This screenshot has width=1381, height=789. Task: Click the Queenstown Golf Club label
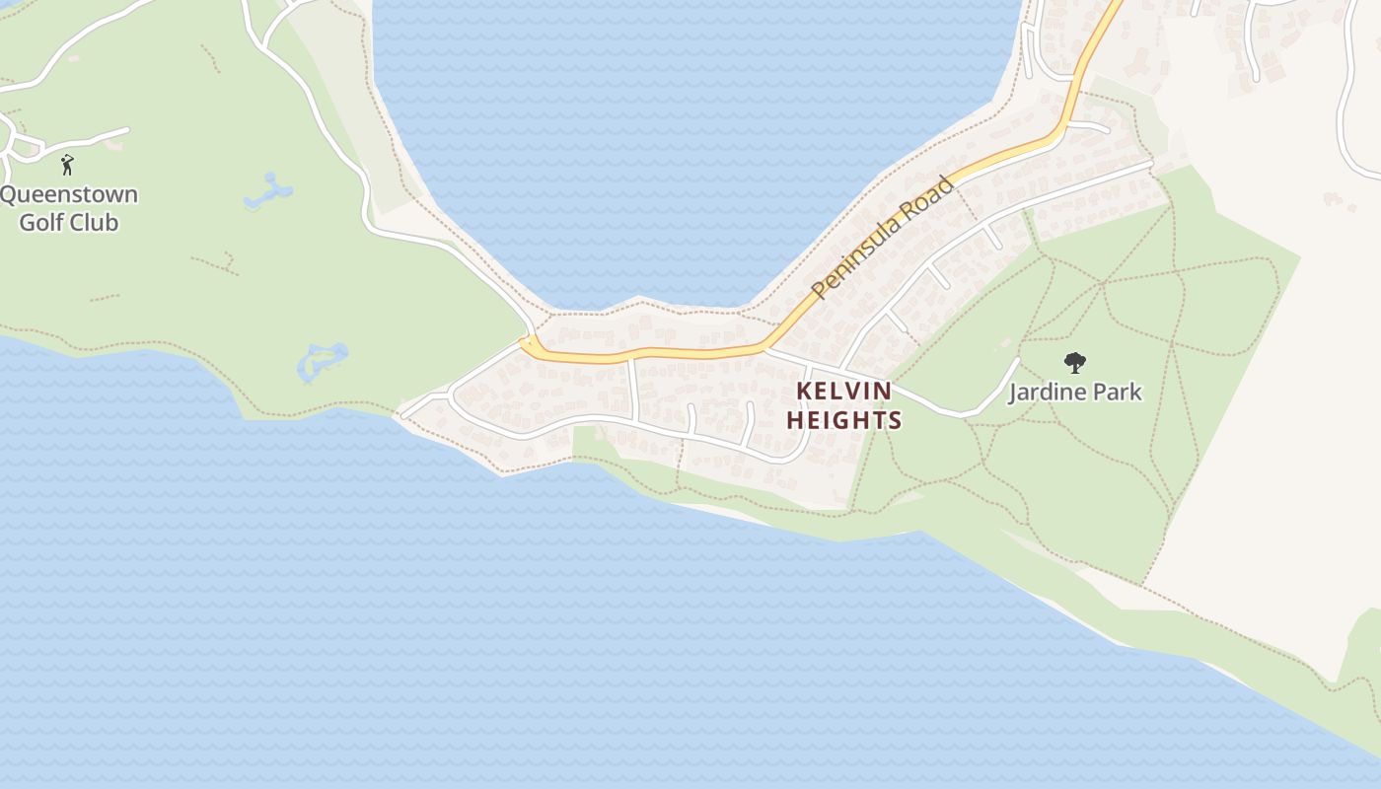click(69, 208)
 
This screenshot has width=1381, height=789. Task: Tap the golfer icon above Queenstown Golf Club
click(67, 164)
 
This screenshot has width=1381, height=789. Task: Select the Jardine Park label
click(1074, 392)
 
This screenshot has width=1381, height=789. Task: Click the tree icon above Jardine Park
click(1075, 363)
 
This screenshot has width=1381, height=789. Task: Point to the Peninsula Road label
click(883, 237)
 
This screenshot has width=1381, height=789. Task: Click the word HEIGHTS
click(843, 420)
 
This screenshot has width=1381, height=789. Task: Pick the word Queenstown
click(69, 194)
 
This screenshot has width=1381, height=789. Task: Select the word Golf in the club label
click(41, 222)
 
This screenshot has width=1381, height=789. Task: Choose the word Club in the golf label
click(94, 222)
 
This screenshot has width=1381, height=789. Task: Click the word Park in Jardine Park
click(1119, 392)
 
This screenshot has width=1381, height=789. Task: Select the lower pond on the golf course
click(323, 361)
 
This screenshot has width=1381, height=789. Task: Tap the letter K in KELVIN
click(804, 392)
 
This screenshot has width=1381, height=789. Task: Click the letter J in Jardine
click(1014, 393)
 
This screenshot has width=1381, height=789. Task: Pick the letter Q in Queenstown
click(8, 194)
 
